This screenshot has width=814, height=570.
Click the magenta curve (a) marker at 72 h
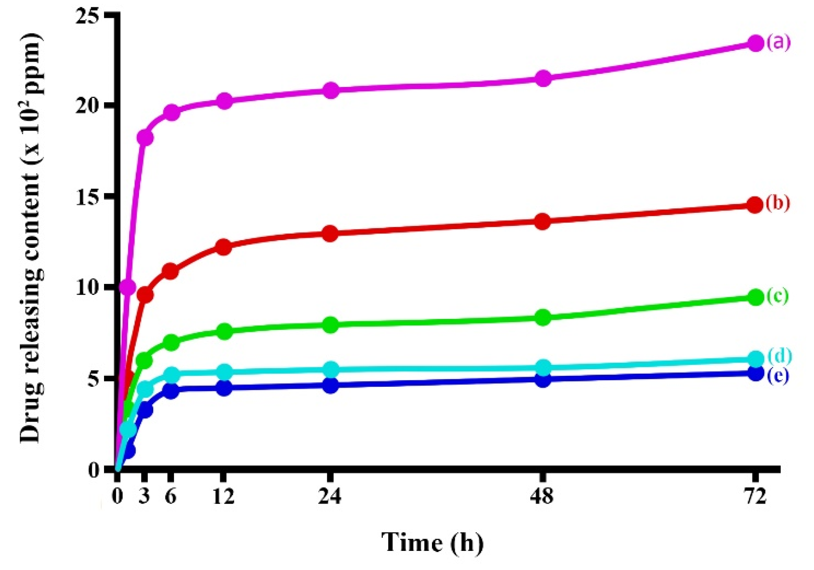coord(755,43)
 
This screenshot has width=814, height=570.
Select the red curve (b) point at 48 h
coord(543,222)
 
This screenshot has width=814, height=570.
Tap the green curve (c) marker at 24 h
coord(331,325)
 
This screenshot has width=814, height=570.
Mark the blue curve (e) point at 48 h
coord(543,380)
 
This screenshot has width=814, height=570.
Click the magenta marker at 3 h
coord(145,138)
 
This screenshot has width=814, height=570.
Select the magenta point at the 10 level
coord(128,287)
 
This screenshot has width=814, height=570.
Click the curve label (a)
coord(779,42)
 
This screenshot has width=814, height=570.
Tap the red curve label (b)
coord(778,203)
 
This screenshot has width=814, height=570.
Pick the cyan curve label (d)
coord(779,355)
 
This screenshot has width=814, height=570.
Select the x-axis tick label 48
coord(542,496)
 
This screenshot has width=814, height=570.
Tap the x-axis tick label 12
coord(224,496)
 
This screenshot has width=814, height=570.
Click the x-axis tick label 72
coord(755,496)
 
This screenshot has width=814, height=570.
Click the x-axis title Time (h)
coord(432,542)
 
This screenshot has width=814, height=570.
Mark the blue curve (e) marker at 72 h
coord(755,373)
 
